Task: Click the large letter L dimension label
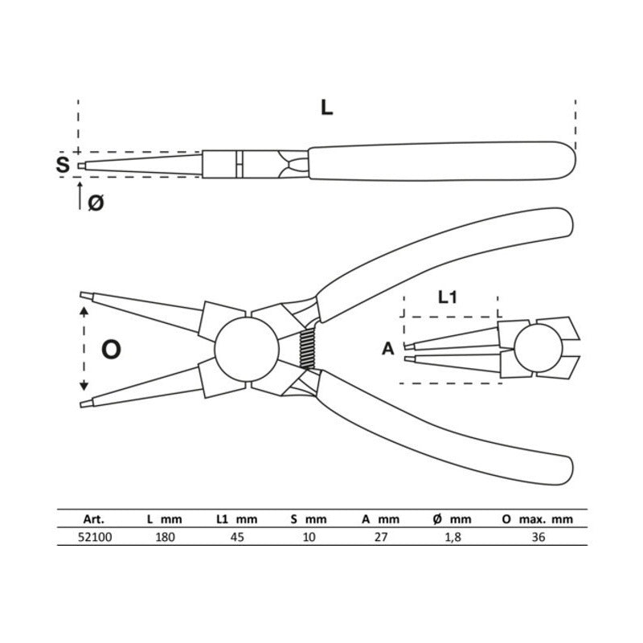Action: (326, 107)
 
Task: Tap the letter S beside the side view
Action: (62, 166)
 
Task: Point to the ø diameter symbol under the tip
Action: (95, 203)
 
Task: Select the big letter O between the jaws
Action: (111, 348)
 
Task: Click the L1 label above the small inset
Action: (449, 297)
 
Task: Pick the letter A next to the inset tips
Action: (388, 349)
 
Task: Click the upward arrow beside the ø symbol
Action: (80, 195)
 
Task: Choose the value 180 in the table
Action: (164, 538)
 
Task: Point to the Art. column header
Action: (93, 519)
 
